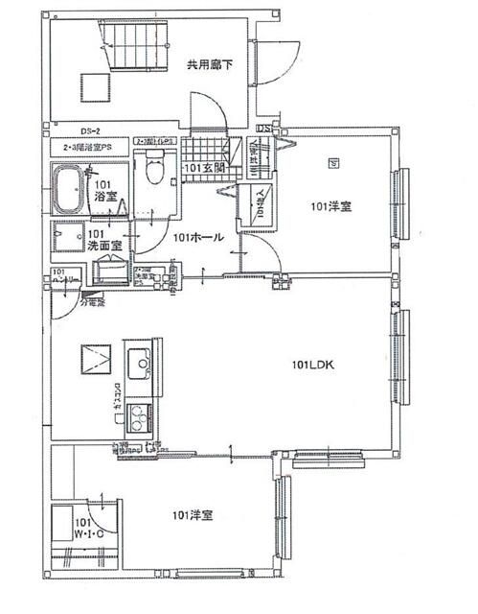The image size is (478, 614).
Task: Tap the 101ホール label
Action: (x=200, y=237)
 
